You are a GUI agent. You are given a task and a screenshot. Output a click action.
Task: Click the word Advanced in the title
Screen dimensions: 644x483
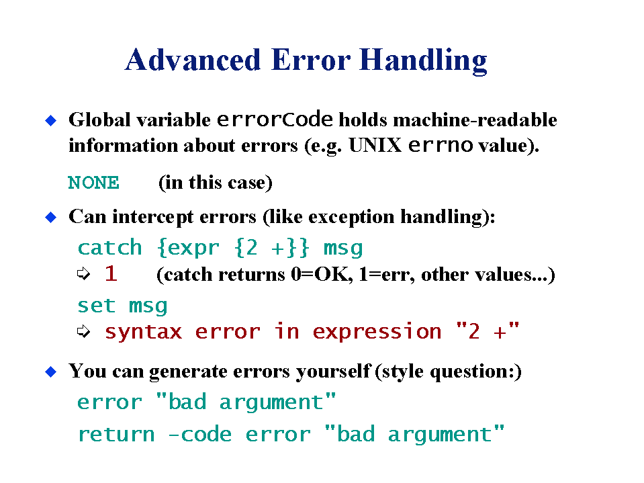click(x=193, y=60)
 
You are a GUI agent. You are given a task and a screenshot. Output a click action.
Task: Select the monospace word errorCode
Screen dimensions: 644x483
click(x=275, y=120)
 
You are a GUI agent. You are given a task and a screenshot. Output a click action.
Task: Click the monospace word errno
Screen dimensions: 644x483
click(x=441, y=145)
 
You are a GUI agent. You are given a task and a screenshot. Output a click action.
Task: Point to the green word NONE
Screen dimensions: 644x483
click(x=93, y=183)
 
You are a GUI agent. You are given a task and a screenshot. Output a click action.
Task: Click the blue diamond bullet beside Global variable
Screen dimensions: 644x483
click(x=51, y=121)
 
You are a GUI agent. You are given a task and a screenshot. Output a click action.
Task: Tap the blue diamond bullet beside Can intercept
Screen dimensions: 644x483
click(x=51, y=217)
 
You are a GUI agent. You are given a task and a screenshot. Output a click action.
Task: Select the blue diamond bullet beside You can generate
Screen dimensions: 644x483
click(x=51, y=371)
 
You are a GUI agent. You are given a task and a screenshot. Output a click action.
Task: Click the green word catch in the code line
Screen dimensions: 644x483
click(x=109, y=248)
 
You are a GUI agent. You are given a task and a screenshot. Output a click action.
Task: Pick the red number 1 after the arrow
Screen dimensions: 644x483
click(x=111, y=273)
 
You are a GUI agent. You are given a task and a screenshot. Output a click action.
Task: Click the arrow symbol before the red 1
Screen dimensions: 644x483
click(x=83, y=273)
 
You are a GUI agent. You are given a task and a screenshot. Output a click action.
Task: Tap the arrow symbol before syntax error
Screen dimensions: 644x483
click(x=83, y=331)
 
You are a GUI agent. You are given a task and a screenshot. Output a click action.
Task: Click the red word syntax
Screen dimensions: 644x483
click(x=143, y=332)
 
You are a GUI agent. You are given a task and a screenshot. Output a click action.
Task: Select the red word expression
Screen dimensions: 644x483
click(x=377, y=331)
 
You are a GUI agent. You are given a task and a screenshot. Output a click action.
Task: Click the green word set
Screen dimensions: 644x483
click(x=97, y=306)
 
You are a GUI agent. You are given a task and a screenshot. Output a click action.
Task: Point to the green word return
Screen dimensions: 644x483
click(x=117, y=435)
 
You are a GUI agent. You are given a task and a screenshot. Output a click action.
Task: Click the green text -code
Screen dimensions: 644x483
click(x=200, y=434)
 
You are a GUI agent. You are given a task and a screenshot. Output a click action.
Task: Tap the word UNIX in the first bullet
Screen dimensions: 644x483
click(x=375, y=145)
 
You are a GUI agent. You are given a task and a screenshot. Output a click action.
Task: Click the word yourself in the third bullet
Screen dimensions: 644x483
click(x=333, y=371)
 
